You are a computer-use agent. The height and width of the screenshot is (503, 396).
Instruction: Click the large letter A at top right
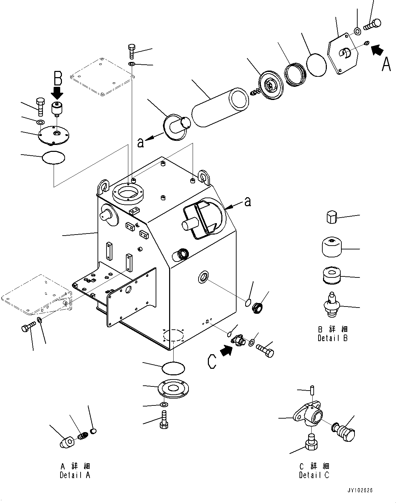[x=386, y=64]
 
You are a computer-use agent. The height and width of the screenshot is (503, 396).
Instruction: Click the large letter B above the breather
[x=57, y=79]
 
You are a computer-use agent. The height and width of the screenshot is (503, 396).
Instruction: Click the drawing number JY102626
[x=360, y=491]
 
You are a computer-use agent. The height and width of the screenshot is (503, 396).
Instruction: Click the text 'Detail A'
[x=75, y=475]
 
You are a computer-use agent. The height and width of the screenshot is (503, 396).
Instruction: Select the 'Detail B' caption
[x=333, y=338]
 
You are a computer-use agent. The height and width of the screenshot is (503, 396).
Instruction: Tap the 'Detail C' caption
[x=314, y=475]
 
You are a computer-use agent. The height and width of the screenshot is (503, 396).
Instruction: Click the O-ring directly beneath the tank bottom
[x=173, y=367]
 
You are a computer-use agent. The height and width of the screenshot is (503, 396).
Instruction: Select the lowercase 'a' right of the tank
[x=248, y=202]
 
